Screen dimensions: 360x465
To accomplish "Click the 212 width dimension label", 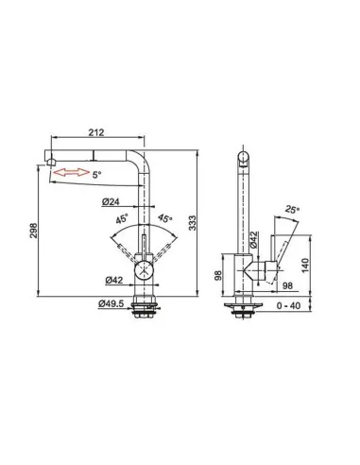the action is (x=96, y=132).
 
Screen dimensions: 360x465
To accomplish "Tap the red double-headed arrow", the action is (x=71, y=172).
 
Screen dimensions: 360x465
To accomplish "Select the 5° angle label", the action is (x=97, y=175).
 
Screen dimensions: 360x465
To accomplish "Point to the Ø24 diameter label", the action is (x=111, y=202).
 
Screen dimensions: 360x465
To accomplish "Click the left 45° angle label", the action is (x=122, y=218).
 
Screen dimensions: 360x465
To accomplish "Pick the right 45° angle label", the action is (x=165, y=218).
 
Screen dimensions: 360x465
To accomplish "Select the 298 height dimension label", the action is (x=34, y=231).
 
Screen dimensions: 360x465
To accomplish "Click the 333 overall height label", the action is (x=193, y=223).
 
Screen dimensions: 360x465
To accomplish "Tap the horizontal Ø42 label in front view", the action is (x=114, y=280).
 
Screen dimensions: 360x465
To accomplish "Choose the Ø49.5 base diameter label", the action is (x=111, y=303).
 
